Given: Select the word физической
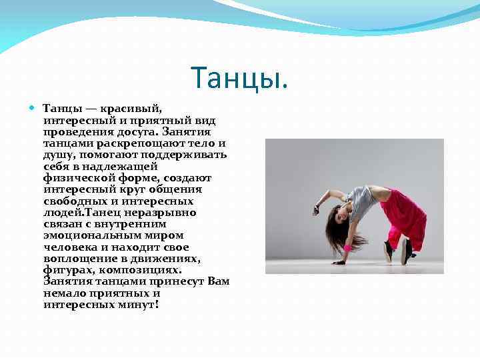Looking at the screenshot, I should tap(73, 177).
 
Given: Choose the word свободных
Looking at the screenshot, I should tap(75, 200).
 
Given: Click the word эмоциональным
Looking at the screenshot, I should tap(83, 235).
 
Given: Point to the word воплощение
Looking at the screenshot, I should tap(75, 258).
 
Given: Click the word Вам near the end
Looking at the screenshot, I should tap(218, 281).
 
